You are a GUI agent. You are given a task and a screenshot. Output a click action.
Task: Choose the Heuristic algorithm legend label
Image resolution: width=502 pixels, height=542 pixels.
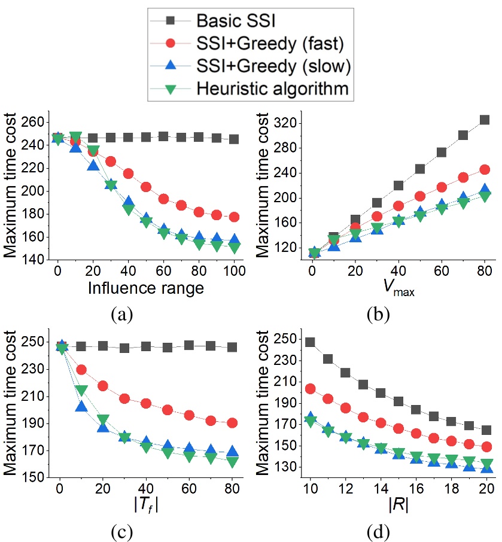point(272,89)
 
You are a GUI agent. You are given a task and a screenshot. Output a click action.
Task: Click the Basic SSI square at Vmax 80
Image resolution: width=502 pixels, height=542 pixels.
point(483,120)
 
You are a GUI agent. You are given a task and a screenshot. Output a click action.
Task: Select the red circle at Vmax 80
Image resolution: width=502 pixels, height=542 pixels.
point(483,170)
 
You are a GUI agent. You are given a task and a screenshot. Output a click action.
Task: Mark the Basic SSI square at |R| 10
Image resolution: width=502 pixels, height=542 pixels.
point(309,343)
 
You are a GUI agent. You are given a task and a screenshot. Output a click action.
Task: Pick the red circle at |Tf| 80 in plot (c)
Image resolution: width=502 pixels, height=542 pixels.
point(232,423)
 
